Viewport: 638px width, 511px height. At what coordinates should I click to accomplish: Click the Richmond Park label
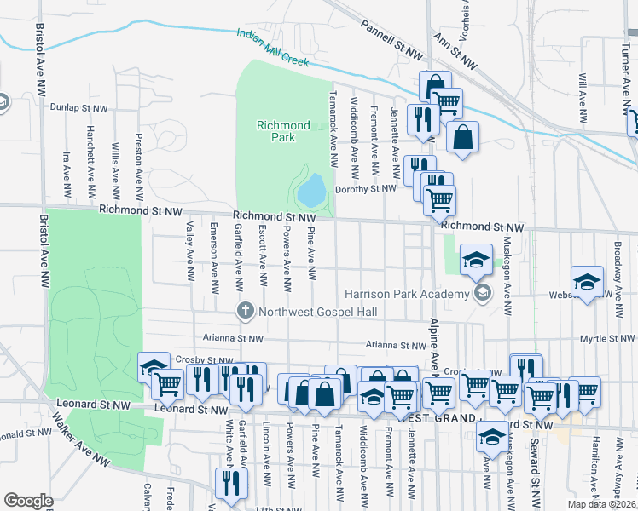pyautogui.click(x=275, y=131)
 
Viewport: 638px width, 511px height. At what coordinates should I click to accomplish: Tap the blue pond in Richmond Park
pyautogui.click(x=312, y=189)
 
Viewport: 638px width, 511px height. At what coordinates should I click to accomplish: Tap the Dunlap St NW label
pyautogui.click(x=79, y=108)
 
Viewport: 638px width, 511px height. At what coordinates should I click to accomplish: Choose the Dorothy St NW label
pyautogui.click(x=366, y=189)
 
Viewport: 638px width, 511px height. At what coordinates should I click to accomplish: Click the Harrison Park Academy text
pyautogui.click(x=407, y=295)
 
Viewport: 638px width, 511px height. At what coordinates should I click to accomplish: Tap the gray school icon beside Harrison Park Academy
pyautogui.click(x=483, y=294)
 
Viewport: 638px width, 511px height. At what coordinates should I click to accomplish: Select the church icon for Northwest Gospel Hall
pyautogui.click(x=245, y=310)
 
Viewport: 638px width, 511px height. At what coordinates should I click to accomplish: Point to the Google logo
pyautogui.click(x=28, y=501)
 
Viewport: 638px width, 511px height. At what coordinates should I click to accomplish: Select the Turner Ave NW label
pyautogui.click(x=619, y=37)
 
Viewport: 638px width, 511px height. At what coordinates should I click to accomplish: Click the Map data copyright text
pyautogui.click(x=602, y=504)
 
